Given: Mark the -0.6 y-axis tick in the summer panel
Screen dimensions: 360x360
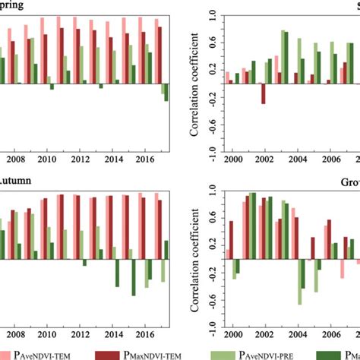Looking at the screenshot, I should pyautogui.click(x=212, y=126).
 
